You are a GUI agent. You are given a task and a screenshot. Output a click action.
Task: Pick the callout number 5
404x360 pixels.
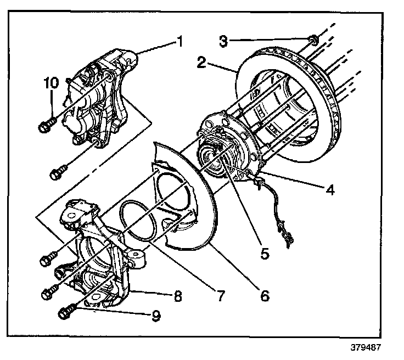pyautogui.click(x=264, y=254)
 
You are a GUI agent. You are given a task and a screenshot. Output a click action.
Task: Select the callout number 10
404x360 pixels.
pyautogui.click(x=50, y=83)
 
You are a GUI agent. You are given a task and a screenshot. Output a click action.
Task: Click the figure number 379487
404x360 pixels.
pyautogui.click(x=366, y=347)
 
